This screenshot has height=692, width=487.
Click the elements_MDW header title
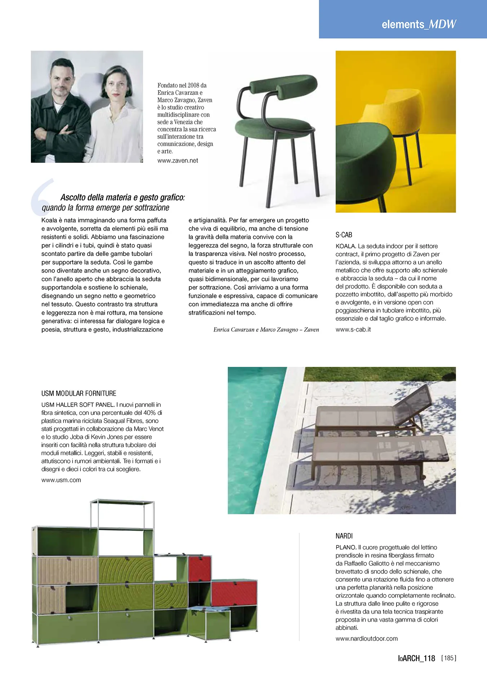419,24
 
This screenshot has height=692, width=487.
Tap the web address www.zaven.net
177,161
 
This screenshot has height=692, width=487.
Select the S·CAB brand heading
344,235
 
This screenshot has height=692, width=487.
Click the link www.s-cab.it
353,329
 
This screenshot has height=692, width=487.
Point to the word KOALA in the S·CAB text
345,246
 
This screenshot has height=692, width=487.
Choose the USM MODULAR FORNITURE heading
79,394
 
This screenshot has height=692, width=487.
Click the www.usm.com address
61,480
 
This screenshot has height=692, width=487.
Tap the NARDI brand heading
344,536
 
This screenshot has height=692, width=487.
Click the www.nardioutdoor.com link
366,639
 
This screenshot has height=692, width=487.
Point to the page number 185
448,658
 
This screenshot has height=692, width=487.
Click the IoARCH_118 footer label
416,658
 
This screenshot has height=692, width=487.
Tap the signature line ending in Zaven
266,330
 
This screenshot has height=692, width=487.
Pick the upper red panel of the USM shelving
199,568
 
